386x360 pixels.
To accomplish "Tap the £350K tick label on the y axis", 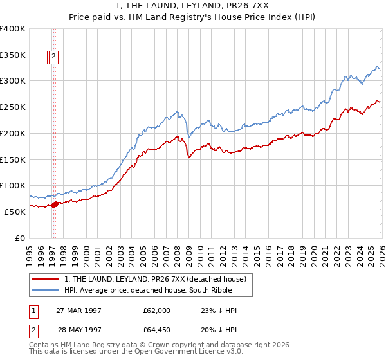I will [x=13, y=55].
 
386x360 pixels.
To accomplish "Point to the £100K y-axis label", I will [x=13, y=185].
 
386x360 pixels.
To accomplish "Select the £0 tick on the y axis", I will [x=19, y=238].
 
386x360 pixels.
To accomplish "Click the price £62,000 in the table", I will [x=157, y=310].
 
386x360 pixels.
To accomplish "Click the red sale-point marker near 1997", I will [x=55, y=204].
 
